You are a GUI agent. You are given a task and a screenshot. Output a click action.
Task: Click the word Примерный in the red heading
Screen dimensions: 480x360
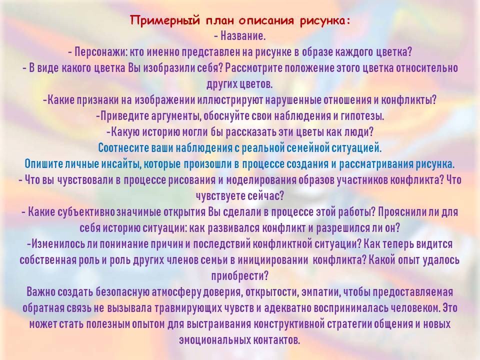pyautogui.click(x=165, y=21)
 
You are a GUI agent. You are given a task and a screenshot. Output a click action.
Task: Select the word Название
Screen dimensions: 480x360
pyautogui.click(x=243, y=36)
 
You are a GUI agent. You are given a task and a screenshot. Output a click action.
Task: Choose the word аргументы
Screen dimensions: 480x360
pyautogui.click(x=175, y=116)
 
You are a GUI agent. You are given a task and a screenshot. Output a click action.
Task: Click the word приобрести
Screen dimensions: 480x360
pyautogui.click(x=239, y=276)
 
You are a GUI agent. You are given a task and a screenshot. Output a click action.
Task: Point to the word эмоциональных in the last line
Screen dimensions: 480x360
pyautogui.click(x=214, y=340)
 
